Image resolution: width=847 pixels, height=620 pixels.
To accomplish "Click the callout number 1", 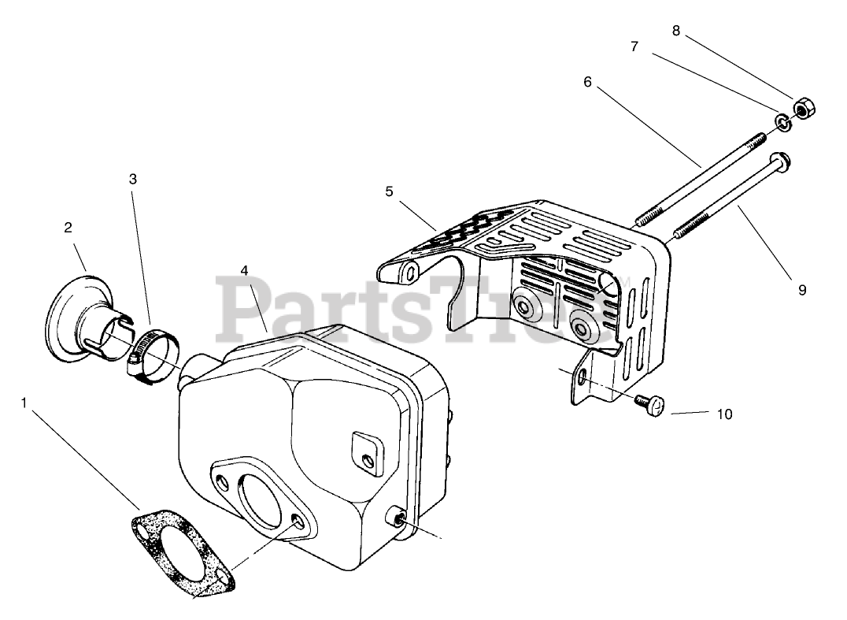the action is (24, 403).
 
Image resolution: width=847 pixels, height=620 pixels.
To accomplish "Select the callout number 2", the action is (68, 228).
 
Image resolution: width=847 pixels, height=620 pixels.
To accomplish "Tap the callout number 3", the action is (133, 179).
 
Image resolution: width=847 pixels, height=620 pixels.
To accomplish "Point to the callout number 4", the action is (245, 269).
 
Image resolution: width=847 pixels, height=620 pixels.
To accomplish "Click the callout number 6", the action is (587, 80).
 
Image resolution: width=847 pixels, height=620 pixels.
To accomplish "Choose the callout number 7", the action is (634, 46).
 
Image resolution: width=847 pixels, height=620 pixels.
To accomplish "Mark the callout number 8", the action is (676, 31).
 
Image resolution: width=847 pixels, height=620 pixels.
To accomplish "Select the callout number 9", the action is (802, 290).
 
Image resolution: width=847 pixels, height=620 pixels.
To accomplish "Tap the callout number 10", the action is (725, 414).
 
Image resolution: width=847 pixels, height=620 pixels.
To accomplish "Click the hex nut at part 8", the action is (804, 109).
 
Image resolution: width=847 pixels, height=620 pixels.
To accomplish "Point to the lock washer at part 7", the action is (782, 121).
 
